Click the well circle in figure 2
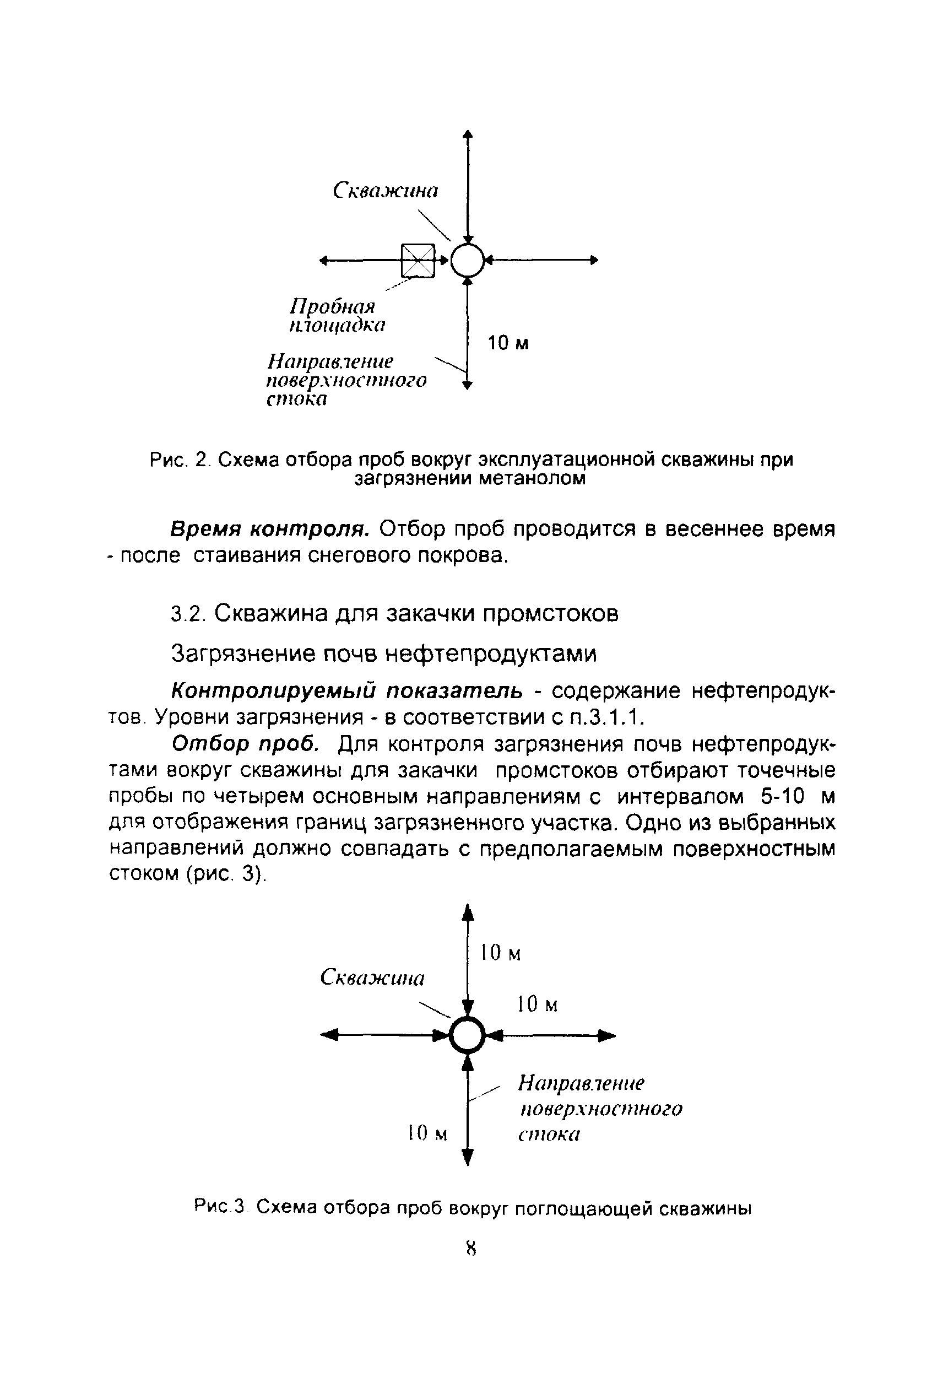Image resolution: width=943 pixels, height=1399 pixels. (x=467, y=261)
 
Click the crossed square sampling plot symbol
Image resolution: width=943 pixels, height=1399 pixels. (x=418, y=261)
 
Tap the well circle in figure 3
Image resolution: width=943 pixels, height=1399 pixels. (x=467, y=1035)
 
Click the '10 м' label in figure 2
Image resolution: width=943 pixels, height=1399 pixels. (x=508, y=343)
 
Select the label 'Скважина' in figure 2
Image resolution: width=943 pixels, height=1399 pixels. (x=386, y=191)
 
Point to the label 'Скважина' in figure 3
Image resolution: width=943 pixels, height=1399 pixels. (x=372, y=977)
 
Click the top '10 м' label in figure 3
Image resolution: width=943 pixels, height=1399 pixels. (x=500, y=953)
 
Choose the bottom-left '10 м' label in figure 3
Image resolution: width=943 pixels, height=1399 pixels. (x=427, y=1133)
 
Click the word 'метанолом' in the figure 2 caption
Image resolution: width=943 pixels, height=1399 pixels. (x=532, y=479)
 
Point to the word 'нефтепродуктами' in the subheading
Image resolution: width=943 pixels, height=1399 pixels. (x=490, y=654)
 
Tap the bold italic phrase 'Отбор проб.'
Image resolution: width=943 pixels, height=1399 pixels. (x=245, y=744)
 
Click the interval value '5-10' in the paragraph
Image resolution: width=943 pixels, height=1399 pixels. (x=782, y=796)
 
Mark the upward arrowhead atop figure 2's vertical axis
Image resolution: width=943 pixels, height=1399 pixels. (x=468, y=135)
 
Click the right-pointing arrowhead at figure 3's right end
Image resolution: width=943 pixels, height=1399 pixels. (x=609, y=1035)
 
